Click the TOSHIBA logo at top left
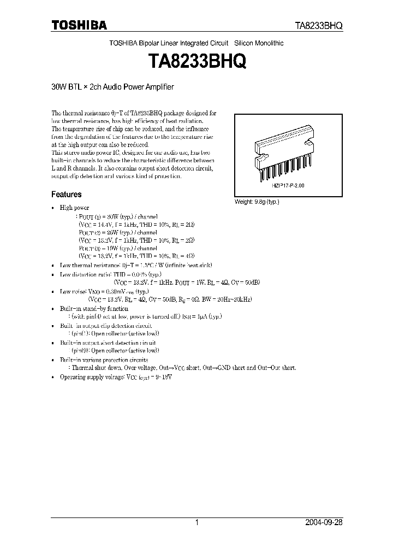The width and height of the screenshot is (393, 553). coord(79,25)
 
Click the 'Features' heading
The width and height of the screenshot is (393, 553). coord(67,194)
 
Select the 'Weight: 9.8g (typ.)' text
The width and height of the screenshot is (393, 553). coord(257,202)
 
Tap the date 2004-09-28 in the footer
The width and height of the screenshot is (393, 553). coord(324,522)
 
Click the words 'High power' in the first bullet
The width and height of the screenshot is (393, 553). coord(74,208)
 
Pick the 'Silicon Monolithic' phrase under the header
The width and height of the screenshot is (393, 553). coord(259,43)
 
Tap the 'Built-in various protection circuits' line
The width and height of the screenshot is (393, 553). coord(104,361)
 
